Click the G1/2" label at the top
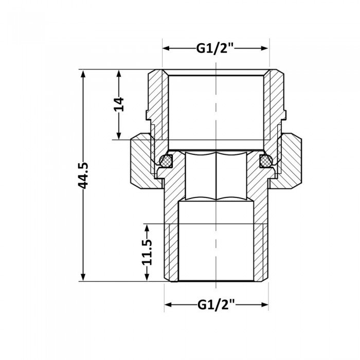point(216,49)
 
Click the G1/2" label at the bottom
point(216,305)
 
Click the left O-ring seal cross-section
point(166,161)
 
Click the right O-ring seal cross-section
point(266,161)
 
